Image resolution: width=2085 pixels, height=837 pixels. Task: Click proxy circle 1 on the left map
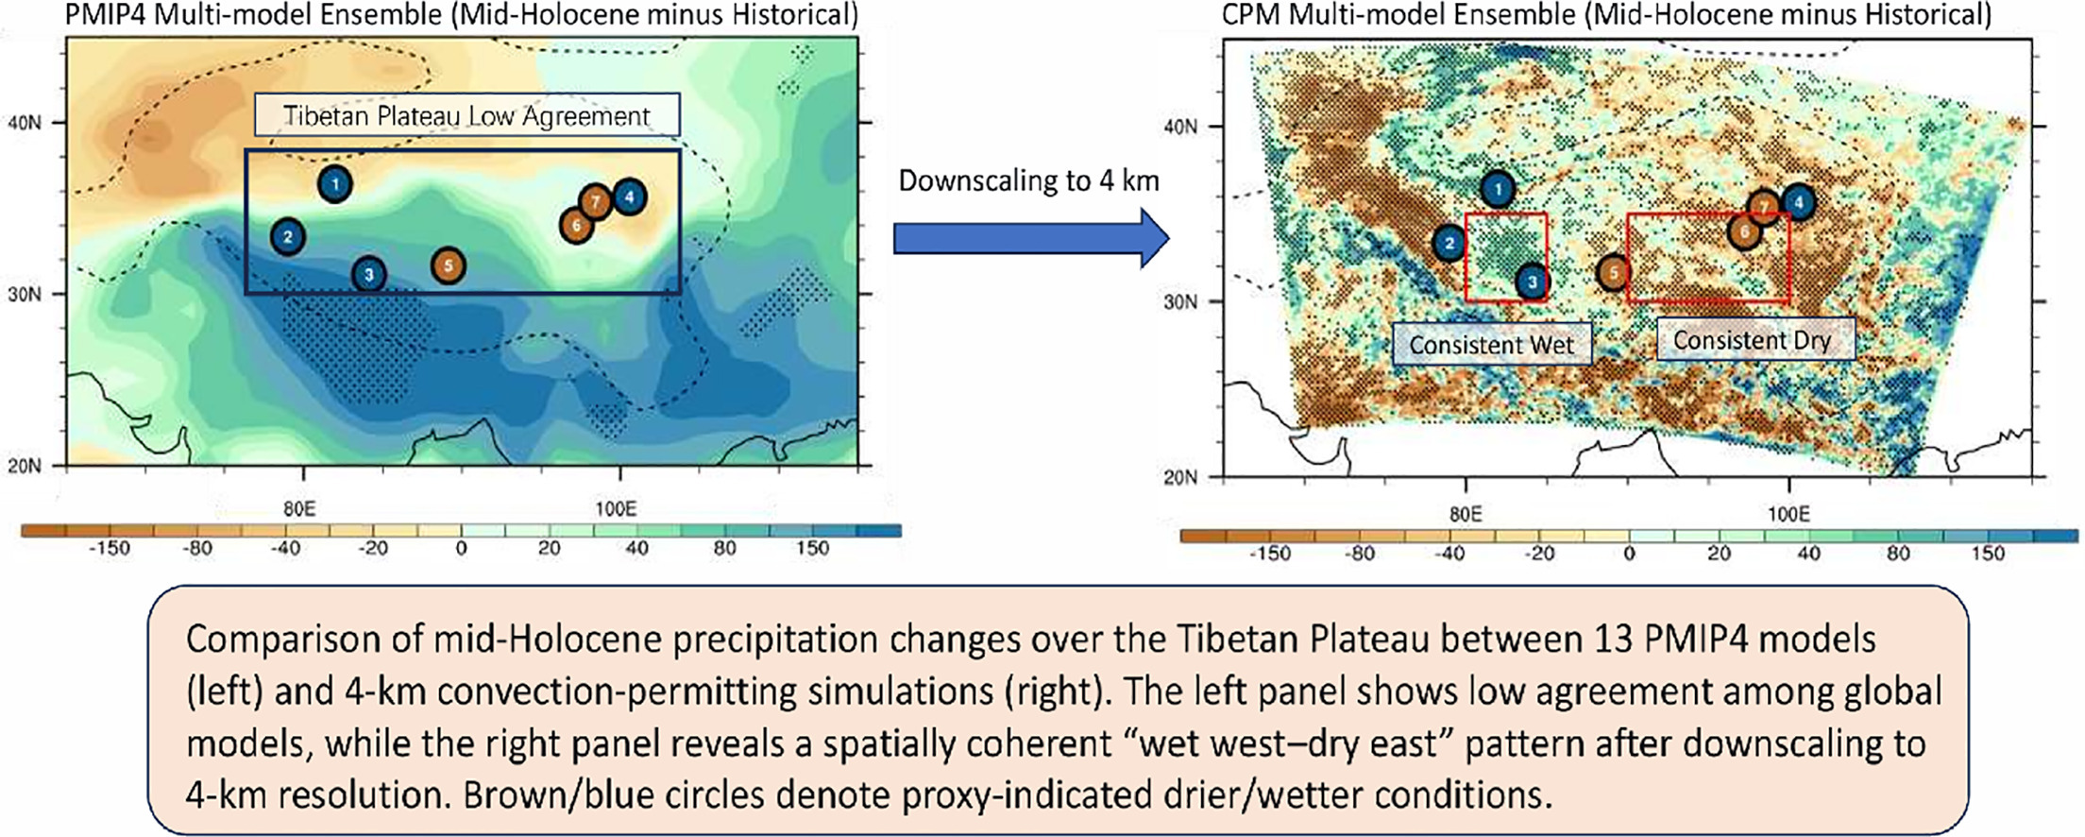point(335,184)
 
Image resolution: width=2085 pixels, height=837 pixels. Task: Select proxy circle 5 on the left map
point(449,265)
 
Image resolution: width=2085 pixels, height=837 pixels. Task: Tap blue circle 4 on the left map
point(629,197)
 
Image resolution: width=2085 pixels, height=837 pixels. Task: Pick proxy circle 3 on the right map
point(1532,282)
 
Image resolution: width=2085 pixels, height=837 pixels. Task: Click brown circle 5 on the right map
point(1614,273)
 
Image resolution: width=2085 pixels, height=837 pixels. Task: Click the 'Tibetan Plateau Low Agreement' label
point(466,115)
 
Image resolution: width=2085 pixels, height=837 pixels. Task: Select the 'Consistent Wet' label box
point(1491,345)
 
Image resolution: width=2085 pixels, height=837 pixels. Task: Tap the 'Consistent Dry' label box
point(1755,340)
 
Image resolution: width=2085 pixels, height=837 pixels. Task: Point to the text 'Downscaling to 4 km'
point(1028,180)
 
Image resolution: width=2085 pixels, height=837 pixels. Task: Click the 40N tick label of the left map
point(25,123)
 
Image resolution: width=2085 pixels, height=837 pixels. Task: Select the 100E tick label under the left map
point(615,508)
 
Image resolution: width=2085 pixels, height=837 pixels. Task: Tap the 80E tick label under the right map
point(1465,513)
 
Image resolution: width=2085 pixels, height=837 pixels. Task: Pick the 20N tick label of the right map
point(1180,477)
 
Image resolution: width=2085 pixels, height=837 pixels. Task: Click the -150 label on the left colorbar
point(109,549)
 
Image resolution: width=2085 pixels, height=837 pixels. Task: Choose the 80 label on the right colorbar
point(1898,554)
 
